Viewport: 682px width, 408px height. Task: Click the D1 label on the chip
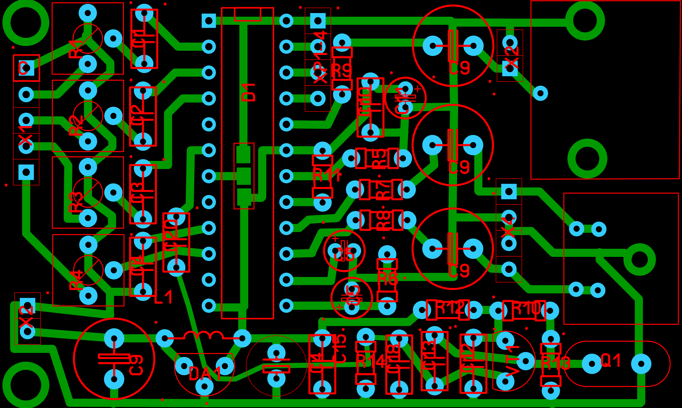pyautogui.click(x=249, y=93)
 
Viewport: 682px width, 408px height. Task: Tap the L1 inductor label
pyautogui.click(x=163, y=297)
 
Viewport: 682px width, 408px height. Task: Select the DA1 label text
pyautogui.click(x=205, y=374)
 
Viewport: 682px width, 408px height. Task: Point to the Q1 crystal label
pyautogui.click(x=611, y=361)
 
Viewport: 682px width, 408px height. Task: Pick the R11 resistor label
pyautogui.click(x=327, y=175)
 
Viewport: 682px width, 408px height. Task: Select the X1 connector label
pyautogui.click(x=25, y=136)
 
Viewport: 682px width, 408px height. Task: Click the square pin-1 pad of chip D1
pyautogui.click(x=209, y=21)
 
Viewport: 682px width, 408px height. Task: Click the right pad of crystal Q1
pyautogui.click(x=641, y=364)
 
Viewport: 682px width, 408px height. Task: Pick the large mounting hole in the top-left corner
pyautogui.click(x=26, y=22)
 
